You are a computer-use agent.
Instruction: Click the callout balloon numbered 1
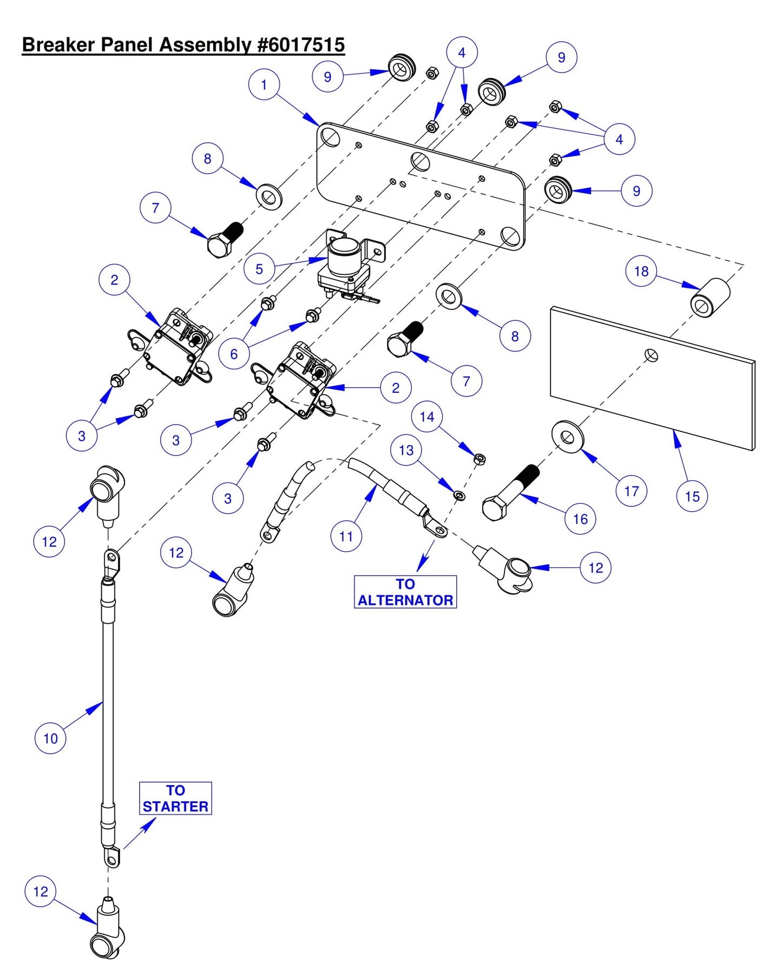click(264, 85)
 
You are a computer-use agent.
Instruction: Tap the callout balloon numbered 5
click(259, 269)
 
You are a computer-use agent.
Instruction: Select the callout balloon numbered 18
click(641, 271)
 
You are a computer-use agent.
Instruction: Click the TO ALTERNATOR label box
click(405, 592)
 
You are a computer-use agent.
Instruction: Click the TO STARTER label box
click(175, 798)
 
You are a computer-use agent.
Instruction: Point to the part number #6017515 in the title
click(301, 45)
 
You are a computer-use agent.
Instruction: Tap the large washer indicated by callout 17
click(568, 437)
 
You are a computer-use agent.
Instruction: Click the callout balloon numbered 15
click(692, 496)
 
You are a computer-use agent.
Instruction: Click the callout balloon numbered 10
click(50, 738)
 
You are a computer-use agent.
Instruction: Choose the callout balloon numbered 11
click(346, 536)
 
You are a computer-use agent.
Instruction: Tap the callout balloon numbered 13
click(406, 450)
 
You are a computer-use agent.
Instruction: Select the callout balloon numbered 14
click(427, 417)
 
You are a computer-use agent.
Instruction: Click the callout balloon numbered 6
click(234, 354)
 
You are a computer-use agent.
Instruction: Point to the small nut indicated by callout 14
click(479, 459)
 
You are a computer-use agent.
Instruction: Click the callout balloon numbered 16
click(580, 519)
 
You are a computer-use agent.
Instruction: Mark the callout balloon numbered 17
click(632, 491)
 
